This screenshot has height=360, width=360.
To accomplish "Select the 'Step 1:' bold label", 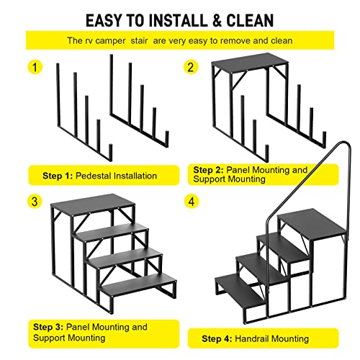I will (59, 175).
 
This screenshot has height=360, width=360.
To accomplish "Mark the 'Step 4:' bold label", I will (218, 338).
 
